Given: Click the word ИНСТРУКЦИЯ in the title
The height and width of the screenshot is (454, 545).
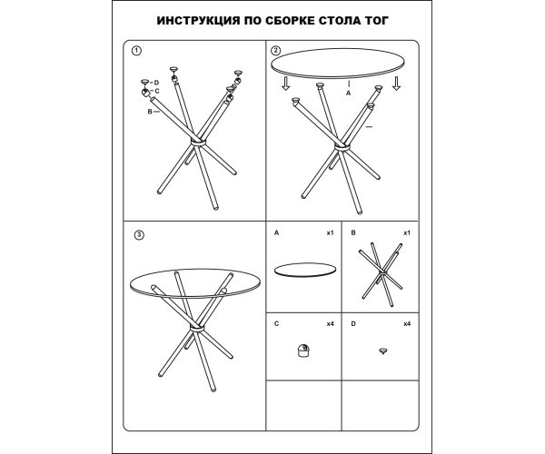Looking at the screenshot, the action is [198, 21].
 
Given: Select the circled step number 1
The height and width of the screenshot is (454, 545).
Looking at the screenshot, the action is [136, 51].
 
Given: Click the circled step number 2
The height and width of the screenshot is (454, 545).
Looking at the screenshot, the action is [275, 51].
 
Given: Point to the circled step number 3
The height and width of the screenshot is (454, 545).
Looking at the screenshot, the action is [139, 235].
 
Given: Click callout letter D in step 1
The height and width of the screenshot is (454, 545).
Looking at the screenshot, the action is [156, 83].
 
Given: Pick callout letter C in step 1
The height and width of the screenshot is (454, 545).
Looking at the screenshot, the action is [157, 91].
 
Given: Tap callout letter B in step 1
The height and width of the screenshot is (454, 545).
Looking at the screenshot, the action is [150, 112].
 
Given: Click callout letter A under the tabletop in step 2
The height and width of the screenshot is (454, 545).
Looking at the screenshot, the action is [348, 94].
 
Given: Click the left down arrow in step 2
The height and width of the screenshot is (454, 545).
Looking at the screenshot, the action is [286, 84].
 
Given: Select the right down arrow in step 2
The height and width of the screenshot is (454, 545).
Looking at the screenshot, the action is [396, 84].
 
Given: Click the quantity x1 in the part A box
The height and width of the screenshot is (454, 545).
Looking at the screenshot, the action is [330, 232].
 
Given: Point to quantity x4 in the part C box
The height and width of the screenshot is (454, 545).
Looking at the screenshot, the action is [330, 324].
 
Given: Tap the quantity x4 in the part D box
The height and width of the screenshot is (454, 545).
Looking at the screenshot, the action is [407, 324].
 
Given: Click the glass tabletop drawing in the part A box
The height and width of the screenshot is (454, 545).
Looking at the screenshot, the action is [305, 270].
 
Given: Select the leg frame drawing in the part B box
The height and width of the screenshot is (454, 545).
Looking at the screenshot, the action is [381, 274].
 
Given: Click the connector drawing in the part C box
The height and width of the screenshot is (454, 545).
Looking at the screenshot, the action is [303, 350].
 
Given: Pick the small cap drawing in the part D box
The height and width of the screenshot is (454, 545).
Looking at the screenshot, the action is [383, 351].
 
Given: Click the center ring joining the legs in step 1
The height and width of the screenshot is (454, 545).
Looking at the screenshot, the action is [198, 143].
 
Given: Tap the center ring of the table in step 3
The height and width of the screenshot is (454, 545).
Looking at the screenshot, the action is [197, 328].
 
